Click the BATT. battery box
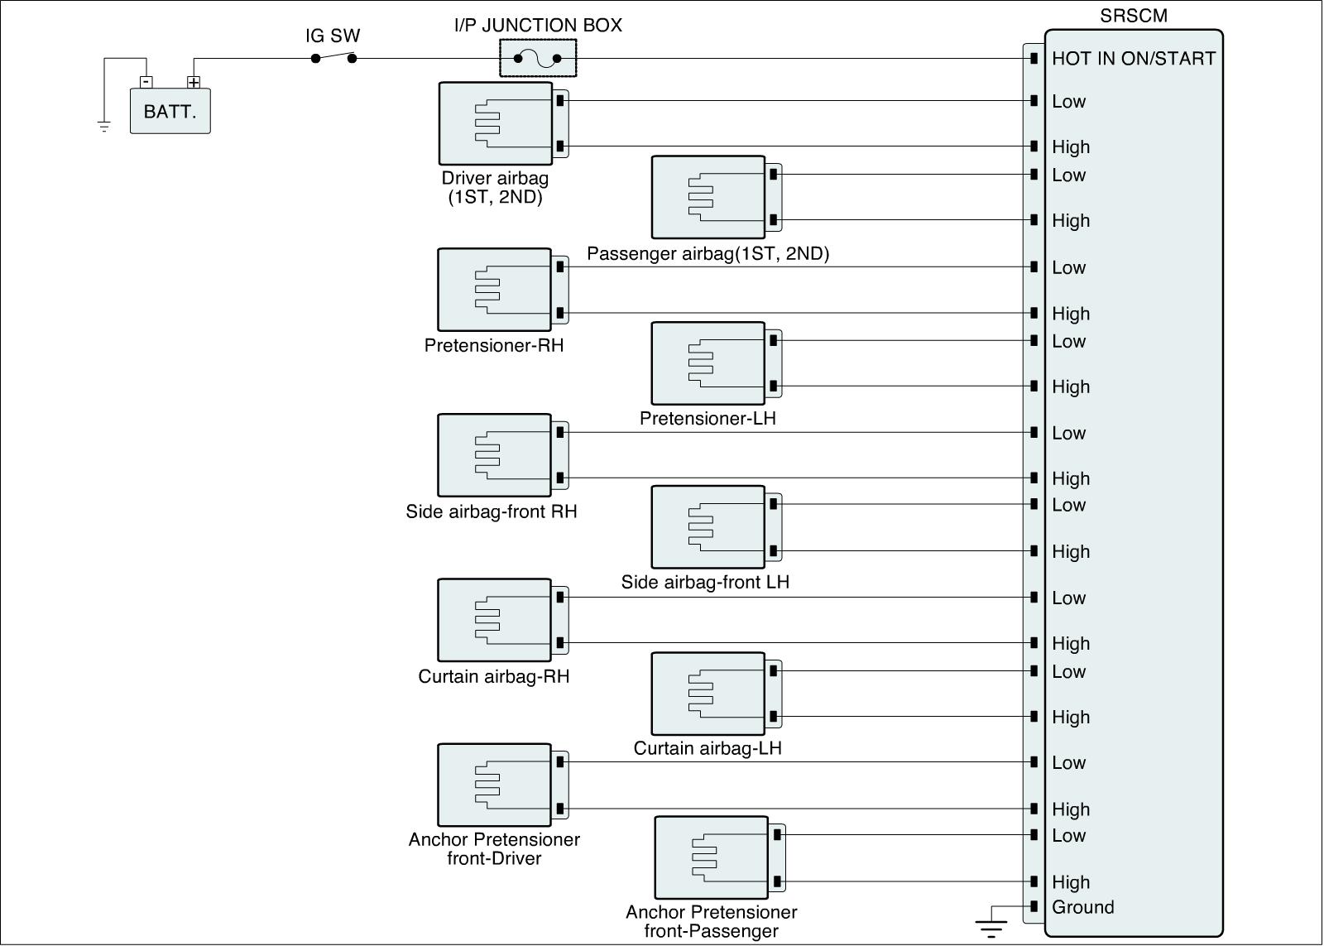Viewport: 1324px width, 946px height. (x=170, y=111)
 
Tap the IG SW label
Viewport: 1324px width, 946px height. (x=333, y=36)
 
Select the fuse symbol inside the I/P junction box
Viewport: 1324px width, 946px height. (x=537, y=59)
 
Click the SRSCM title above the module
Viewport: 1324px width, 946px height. (x=1133, y=16)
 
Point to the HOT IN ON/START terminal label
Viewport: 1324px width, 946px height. (x=1133, y=58)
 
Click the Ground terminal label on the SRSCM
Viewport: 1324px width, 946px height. (x=1082, y=907)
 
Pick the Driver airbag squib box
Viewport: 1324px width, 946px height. (x=495, y=123)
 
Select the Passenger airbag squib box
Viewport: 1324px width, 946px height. (x=708, y=197)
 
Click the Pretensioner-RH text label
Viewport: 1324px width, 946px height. (x=494, y=345)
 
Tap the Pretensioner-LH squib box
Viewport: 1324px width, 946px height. (x=708, y=363)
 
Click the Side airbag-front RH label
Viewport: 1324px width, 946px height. (x=492, y=511)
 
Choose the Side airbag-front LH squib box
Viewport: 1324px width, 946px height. (x=708, y=527)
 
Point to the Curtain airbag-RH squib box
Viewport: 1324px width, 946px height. (x=494, y=620)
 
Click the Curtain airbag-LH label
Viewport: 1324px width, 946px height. (x=708, y=748)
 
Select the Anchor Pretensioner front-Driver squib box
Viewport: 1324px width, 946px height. (x=494, y=785)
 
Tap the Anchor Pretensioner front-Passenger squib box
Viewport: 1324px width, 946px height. (x=711, y=857)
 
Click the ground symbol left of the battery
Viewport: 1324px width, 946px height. (x=104, y=126)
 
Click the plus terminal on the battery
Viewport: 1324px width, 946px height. (x=194, y=82)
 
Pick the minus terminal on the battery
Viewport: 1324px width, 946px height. (x=146, y=82)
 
